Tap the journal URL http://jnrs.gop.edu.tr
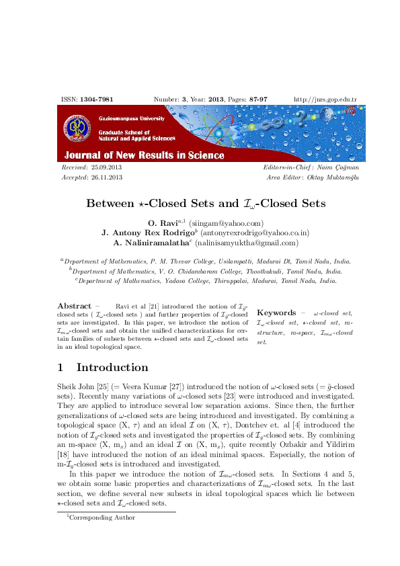[325, 99]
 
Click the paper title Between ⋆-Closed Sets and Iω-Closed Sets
[206, 203]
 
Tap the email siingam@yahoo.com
[226, 223]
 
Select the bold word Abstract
[74, 306]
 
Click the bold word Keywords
[276, 313]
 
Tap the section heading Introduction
[112, 367]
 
